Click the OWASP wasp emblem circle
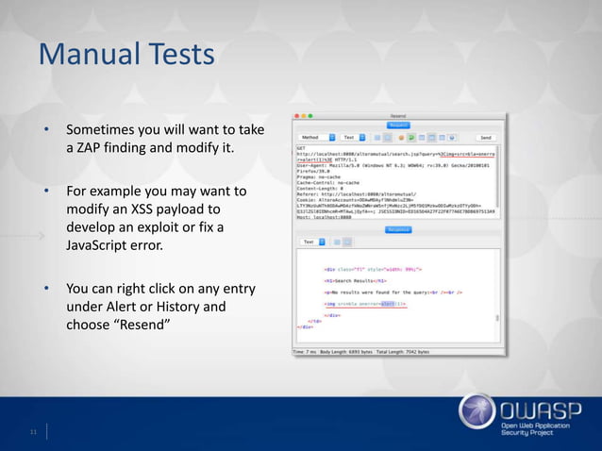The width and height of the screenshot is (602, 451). coord(477,414)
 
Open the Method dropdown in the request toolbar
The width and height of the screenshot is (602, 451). coord(316,138)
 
